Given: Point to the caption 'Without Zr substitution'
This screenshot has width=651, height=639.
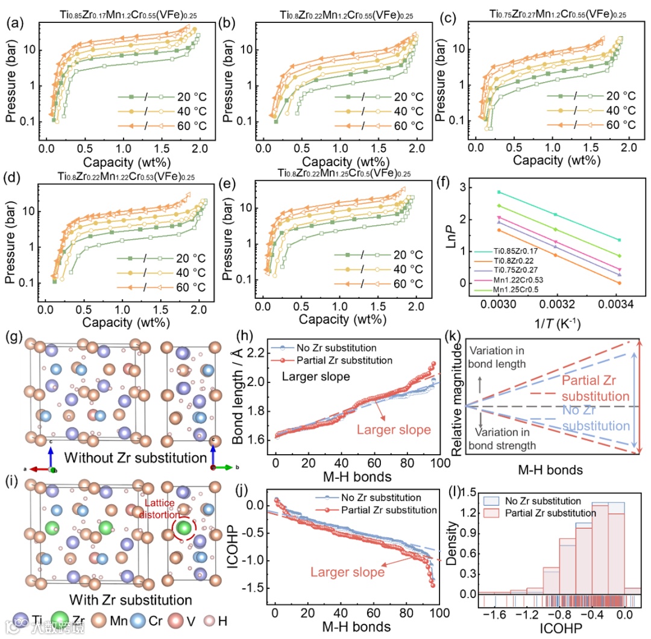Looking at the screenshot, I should coord(131,458).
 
